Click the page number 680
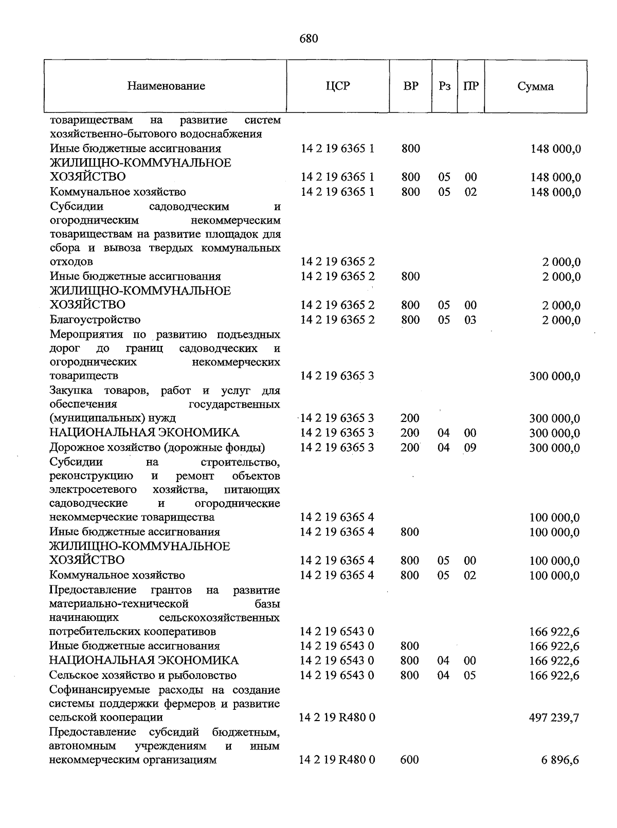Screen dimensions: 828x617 [x=308, y=39]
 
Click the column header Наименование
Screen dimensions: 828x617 [x=166, y=86]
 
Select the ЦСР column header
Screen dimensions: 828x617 [x=337, y=86]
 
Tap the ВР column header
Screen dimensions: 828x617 [x=410, y=86]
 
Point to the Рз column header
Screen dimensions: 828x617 [x=445, y=86]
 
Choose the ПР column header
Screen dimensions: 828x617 [x=470, y=86]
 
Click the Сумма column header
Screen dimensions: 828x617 [x=535, y=86]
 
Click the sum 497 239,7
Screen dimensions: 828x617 [x=554, y=717]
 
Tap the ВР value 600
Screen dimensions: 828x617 [x=409, y=760]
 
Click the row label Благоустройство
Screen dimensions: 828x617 [x=95, y=320]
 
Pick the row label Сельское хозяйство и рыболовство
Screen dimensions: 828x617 [x=143, y=675]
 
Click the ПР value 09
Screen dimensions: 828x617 [x=470, y=448]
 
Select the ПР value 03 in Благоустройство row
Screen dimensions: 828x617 [x=470, y=320]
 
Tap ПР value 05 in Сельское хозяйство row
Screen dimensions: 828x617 [x=469, y=675]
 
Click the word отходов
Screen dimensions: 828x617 [x=71, y=262]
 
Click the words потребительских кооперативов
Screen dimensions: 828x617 [x=133, y=631]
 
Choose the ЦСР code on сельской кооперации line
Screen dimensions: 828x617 [x=337, y=717]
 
